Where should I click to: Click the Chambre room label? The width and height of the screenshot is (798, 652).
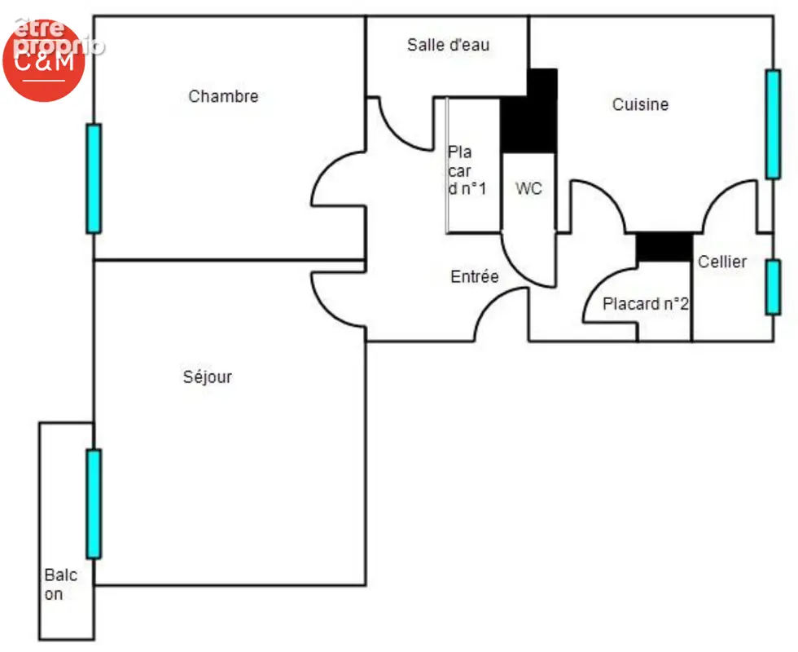(223, 96)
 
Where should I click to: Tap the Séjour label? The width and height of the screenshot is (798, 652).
(207, 377)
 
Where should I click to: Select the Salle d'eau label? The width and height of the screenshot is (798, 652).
(449, 45)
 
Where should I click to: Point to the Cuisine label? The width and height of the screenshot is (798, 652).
(640, 104)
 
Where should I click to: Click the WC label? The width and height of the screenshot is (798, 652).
(528, 188)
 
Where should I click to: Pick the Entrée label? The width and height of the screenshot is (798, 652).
(474, 276)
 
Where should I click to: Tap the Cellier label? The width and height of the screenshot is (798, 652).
(722, 262)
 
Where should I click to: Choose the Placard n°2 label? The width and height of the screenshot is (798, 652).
(645, 304)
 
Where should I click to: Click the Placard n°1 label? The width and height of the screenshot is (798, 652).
(467, 170)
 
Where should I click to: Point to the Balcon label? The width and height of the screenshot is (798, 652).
(60, 584)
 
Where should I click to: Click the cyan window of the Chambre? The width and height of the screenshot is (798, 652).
(94, 178)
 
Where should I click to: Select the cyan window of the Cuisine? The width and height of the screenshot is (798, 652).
(773, 124)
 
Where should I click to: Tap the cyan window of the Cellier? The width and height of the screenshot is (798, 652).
(773, 287)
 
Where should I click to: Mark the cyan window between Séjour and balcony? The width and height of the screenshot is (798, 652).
(94, 504)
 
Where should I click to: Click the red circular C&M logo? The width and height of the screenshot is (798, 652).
(44, 60)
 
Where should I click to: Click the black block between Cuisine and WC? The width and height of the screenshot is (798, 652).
(529, 111)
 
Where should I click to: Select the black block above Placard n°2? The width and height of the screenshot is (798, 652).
(664, 247)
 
